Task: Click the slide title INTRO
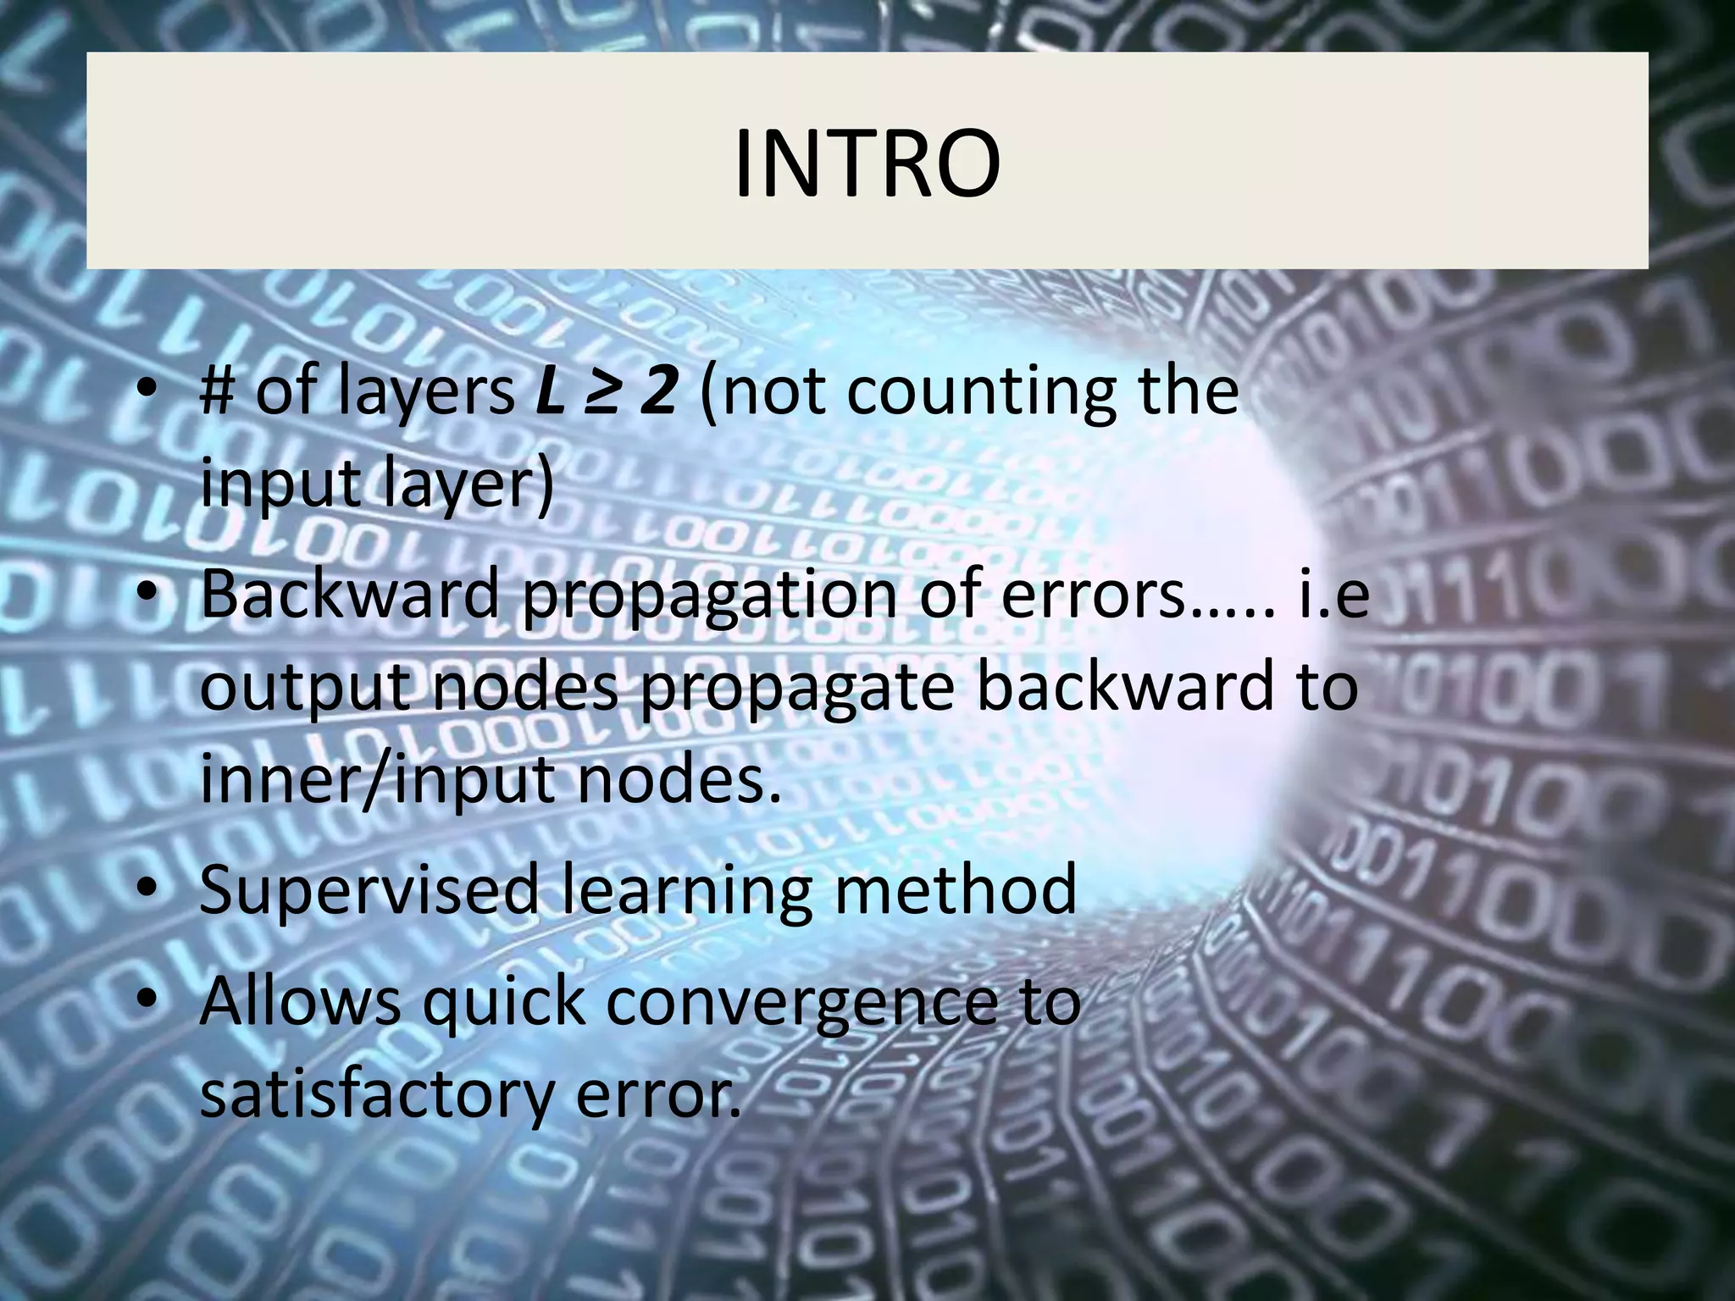click(x=867, y=163)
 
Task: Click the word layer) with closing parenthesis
click(x=467, y=484)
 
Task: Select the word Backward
click(x=349, y=594)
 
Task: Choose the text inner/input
click(x=378, y=780)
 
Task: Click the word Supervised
click(x=369, y=889)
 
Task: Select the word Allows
click(x=301, y=1000)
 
